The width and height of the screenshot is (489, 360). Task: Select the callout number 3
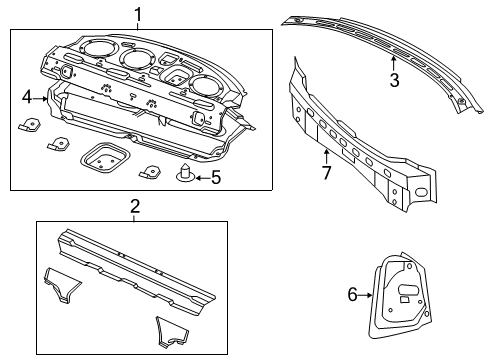tap(394, 81)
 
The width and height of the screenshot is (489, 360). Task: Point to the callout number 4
tap(28, 97)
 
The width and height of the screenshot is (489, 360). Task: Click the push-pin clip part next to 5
tap(185, 177)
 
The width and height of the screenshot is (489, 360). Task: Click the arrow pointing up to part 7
tap(326, 154)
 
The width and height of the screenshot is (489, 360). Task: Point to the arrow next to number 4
tap(43, 97)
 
